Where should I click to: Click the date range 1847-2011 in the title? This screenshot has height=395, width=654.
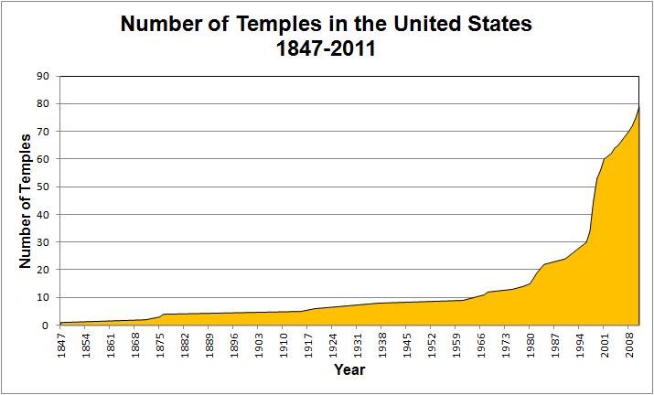(x=327, y=48)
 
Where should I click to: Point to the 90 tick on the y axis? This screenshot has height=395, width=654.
(x=42, y=76)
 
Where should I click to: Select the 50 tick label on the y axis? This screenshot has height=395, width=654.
(x=42, y=187)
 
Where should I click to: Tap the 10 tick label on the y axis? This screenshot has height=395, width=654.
(x=42, y=297)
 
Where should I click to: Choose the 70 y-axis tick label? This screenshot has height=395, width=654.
(x=42, y=132)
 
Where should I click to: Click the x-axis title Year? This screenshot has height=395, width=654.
(x=349, y=370)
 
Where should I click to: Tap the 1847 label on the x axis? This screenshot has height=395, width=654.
(x=61, y=344)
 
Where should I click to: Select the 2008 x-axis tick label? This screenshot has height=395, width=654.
(x=629, y=344)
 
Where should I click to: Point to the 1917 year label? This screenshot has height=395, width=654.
(x=308, y=344)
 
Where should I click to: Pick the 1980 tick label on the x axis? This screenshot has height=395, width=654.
(x=531, y=344)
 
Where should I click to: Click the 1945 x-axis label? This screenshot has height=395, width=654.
(x=407, y=344)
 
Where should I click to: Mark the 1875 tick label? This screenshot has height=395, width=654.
(x=160, y=344)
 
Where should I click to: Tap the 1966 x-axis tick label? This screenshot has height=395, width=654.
(x=481, y=344)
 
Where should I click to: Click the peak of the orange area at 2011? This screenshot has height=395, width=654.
(x=638, y=108)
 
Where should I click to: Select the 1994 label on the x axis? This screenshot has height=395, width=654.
(x=580, y=344)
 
